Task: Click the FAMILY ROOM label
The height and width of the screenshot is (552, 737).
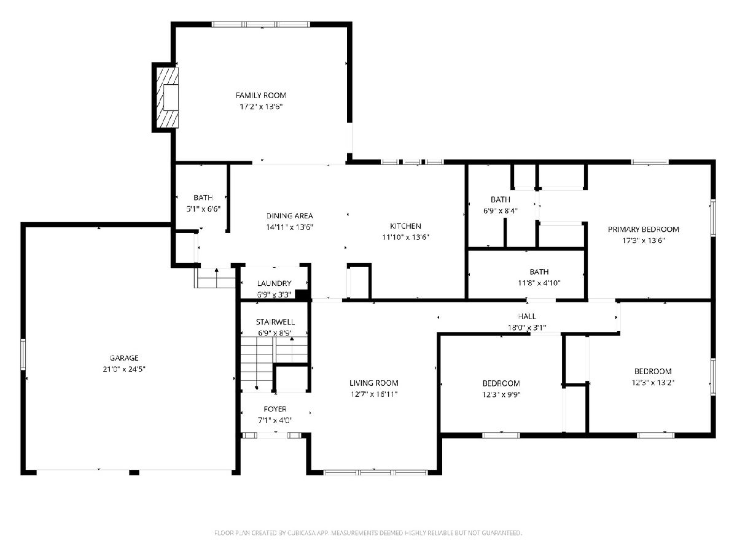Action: [260, 96]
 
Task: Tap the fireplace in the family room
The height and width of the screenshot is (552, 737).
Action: [167, 98]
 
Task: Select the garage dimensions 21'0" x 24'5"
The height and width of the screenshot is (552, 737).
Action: [124, 369]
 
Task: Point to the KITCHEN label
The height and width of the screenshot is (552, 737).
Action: [405, 226]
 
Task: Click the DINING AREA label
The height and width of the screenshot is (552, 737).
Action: [289, 216]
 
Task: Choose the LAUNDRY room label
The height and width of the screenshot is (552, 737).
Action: [274, 283]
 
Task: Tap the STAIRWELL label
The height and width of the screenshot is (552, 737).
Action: [275, 322]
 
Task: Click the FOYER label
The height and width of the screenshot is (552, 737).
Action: [275, 409]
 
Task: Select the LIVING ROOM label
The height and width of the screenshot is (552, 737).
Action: [373, 383]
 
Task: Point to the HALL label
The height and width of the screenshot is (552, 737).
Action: [527, 316]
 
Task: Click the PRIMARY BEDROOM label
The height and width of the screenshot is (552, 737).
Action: [643, 229]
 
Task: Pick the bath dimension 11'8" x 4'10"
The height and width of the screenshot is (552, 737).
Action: [539, 283]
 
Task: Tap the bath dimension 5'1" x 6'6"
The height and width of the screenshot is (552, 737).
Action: [203, 209]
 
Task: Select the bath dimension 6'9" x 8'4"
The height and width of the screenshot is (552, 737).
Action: [501, 211]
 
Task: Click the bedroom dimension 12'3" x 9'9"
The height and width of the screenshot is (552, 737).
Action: [501, 394]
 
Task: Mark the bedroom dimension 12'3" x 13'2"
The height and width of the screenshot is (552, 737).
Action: [653, 382]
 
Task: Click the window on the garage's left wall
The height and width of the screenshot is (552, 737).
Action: [23, 355]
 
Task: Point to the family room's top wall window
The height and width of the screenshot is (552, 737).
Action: [261, 24]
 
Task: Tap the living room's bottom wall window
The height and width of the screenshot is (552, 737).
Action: [375, 472]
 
